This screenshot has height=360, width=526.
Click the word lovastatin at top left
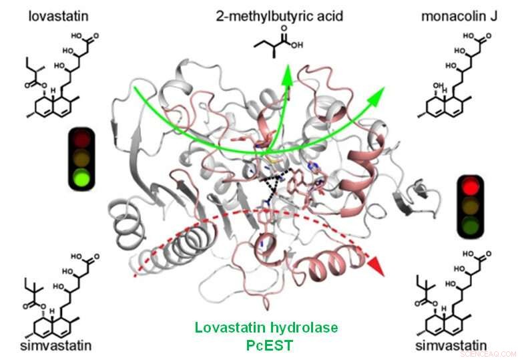click(55, 15)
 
